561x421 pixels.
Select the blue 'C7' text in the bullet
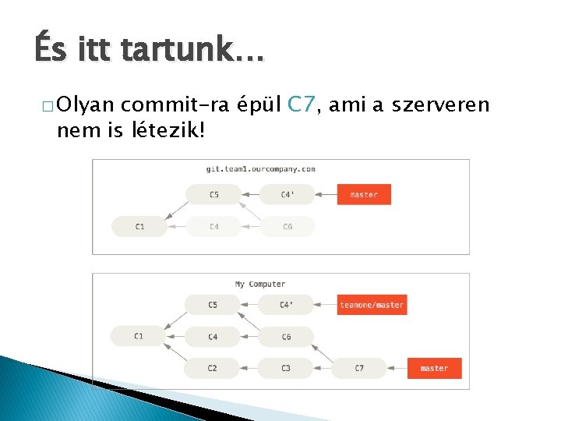coord(301,104)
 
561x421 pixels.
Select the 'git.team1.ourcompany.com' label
coord(260,168)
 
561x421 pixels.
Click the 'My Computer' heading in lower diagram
coord(260,284)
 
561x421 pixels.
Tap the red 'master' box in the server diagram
coord(364,194)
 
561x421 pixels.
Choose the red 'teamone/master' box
coord(372,305)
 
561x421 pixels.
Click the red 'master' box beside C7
coord(434,368)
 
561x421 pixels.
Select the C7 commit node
coord(358,368)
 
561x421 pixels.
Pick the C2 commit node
coord(213,368)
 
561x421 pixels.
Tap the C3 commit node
coord(286,368)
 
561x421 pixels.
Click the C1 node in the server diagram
coord(139,226)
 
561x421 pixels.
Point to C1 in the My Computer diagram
coord(138,336)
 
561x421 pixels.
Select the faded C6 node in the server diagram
coord(288,226)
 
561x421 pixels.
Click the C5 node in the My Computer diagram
coord(213,305)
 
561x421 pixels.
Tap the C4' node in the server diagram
coord(287,194)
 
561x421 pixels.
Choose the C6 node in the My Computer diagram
coord(286,337)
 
